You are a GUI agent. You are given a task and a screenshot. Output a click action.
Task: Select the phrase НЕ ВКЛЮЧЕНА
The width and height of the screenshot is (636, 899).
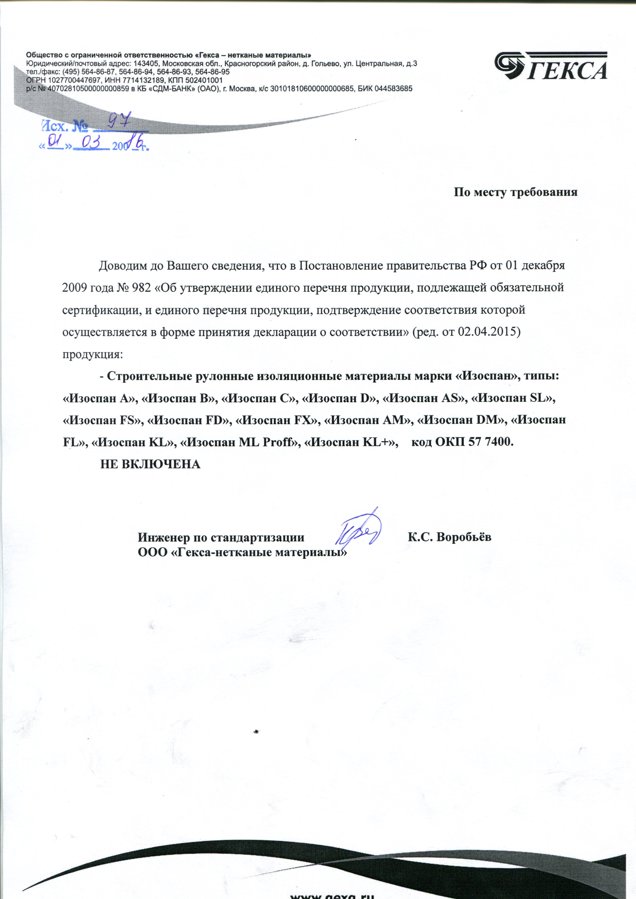pos(150,464)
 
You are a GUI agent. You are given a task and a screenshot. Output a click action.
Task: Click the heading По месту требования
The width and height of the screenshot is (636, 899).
pos(516,193)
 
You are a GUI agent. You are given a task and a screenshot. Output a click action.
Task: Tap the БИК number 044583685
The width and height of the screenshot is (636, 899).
pos(393,89)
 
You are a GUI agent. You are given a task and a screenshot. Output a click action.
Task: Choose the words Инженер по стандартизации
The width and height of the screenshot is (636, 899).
pos(221,537)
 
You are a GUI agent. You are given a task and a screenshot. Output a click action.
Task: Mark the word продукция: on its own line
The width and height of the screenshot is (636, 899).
pos(93,355)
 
